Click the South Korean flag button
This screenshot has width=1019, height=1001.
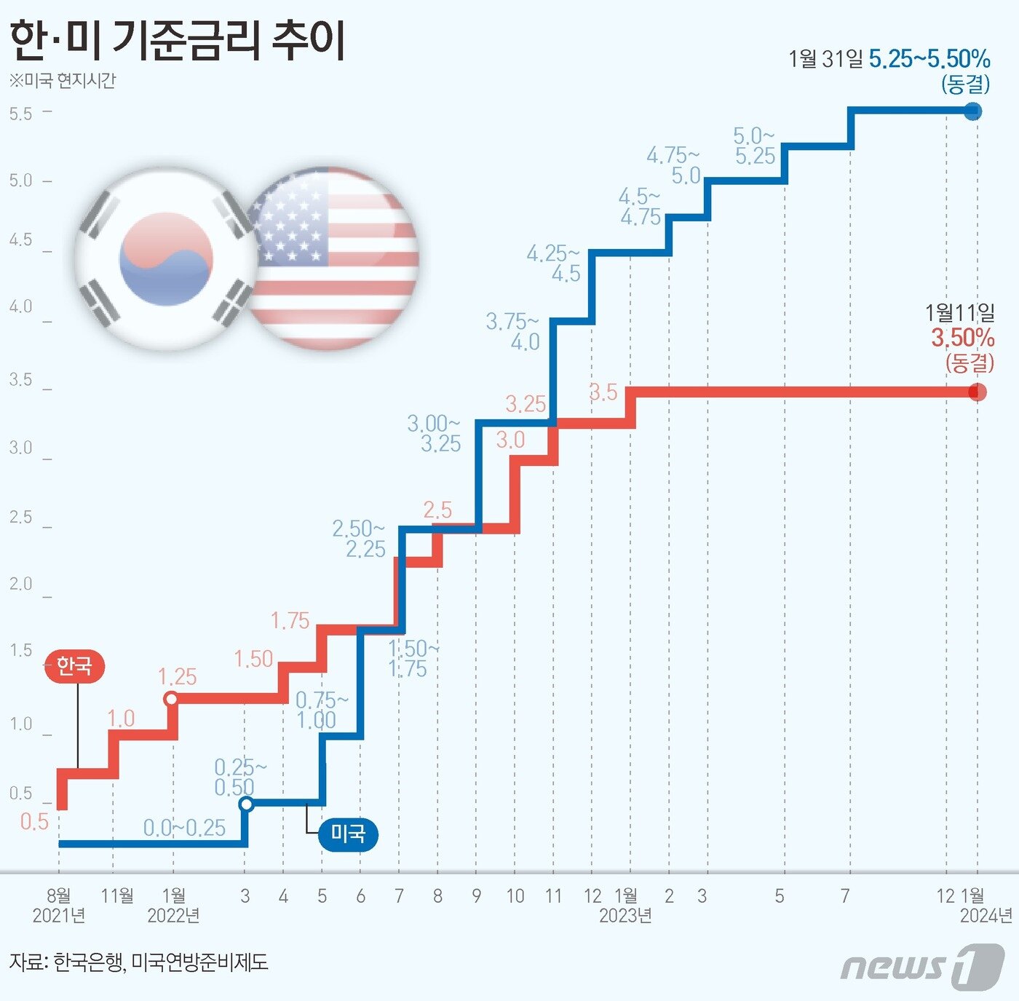166,258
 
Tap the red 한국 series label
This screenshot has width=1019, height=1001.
74,665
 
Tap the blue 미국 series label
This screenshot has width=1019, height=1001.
348,834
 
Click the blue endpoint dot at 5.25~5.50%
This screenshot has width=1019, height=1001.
973,111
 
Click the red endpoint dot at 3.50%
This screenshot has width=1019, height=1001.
978,392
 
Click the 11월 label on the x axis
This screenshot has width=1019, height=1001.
116,895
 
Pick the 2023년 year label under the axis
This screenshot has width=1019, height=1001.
625,916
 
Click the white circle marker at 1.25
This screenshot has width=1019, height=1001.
171,699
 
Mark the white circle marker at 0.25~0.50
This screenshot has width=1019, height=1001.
247,804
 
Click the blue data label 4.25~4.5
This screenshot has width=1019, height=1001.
554,263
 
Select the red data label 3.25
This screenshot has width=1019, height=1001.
525,404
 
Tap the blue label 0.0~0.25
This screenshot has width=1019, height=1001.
184,828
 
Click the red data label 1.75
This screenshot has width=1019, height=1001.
290,621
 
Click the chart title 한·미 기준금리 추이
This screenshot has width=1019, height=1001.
178,41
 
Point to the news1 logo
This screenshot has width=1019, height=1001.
922,966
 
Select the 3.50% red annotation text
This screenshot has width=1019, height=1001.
962,338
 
